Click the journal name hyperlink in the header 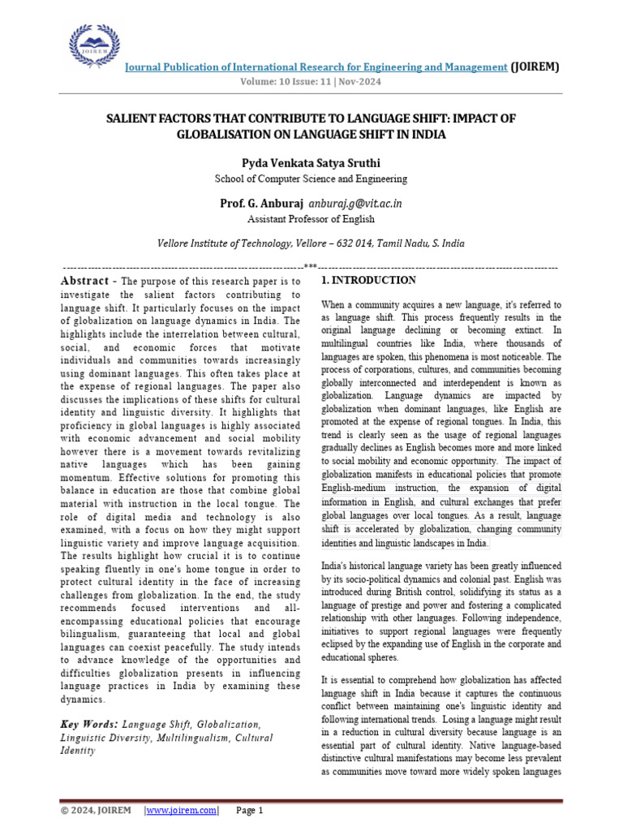click(x=315, y=67)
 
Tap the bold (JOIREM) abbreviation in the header click(x=535, y=67)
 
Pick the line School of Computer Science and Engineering click(x=311, y=179)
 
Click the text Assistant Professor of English click(x=311, y=219)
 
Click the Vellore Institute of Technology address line click(x=311, y=243)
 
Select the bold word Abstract click(x=88, y=281)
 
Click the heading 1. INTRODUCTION click(x=369, y=281)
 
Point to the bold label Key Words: click(x=89, y=724)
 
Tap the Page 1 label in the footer click(x=250, y=811)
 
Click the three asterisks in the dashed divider click(x=311, y=266)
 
